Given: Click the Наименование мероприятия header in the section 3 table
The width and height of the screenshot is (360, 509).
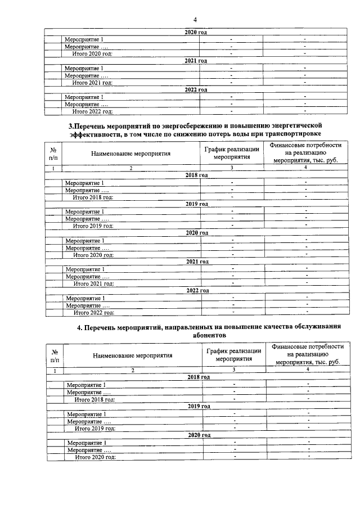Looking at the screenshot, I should tap(132, 153).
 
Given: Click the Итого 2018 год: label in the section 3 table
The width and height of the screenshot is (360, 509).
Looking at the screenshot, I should tap(93, 197).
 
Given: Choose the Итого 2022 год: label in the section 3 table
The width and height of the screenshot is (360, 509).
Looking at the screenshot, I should tap(94, 312).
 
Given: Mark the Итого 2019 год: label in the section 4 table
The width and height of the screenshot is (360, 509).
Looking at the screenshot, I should tap(95, 428).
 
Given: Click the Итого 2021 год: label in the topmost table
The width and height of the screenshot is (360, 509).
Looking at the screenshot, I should tap(92, 82).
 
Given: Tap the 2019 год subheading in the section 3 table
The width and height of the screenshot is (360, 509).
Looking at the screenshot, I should tap(197, 204).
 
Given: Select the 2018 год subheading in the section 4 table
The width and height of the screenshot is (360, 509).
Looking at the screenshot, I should tap(199, 377).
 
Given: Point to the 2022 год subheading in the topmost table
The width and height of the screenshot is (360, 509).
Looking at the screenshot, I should tap(196, 89).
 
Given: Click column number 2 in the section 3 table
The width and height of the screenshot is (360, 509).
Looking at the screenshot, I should tap(131, 168).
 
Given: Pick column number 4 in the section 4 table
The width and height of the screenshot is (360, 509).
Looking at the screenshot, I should tap(308, 370).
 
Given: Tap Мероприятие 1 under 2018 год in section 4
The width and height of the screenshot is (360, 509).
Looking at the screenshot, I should tap(87, 385).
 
